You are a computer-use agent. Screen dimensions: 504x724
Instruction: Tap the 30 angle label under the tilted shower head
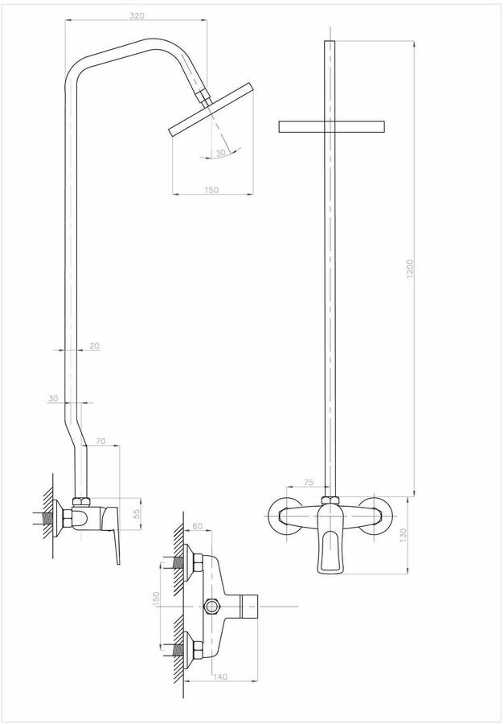[220, 152]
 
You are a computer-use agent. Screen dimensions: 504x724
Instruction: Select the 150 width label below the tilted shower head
[211, 189]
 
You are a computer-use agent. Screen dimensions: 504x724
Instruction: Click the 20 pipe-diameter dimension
[94, 345]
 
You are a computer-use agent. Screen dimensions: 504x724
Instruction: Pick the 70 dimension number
[100, 440]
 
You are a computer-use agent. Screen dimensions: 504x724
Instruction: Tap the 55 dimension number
[136, 512]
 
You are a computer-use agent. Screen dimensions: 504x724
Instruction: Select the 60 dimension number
[198, 527]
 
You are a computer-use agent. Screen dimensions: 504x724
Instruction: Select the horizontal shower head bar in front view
[331, 125]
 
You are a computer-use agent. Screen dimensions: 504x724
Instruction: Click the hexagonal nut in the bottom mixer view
[213, 605]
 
